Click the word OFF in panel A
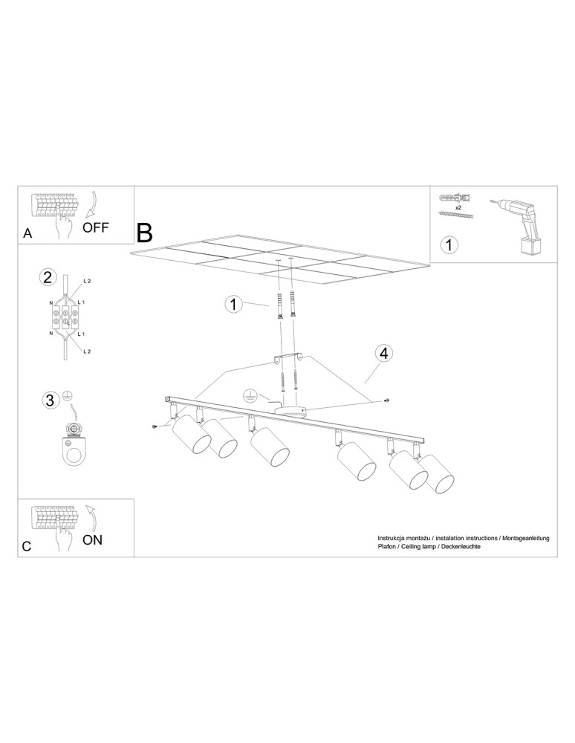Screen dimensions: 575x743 (95, 227)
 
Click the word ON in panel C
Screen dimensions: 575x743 (92, 539)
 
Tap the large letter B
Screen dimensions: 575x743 (145, 233)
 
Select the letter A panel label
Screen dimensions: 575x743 (28, 233)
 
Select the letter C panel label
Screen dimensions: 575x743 (27, 546)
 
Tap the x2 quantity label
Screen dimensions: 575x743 (458, 207)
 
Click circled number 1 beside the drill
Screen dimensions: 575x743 (449, 244)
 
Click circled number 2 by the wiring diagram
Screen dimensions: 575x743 (48, 276)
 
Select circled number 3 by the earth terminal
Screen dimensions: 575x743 (49, 400)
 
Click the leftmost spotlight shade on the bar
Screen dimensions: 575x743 (191, 435)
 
